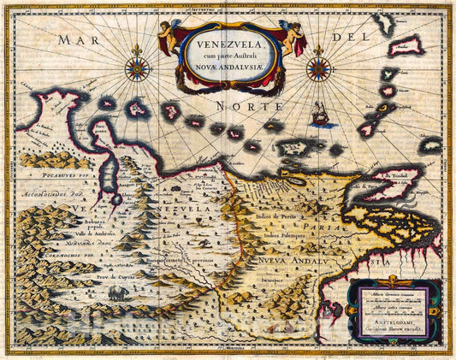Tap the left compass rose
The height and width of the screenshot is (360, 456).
[x=137, y=68]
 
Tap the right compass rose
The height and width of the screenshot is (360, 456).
[x=318, y=68]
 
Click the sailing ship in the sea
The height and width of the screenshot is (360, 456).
[x=322, y=114]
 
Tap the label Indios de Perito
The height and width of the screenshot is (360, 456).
[x=278, y=216]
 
